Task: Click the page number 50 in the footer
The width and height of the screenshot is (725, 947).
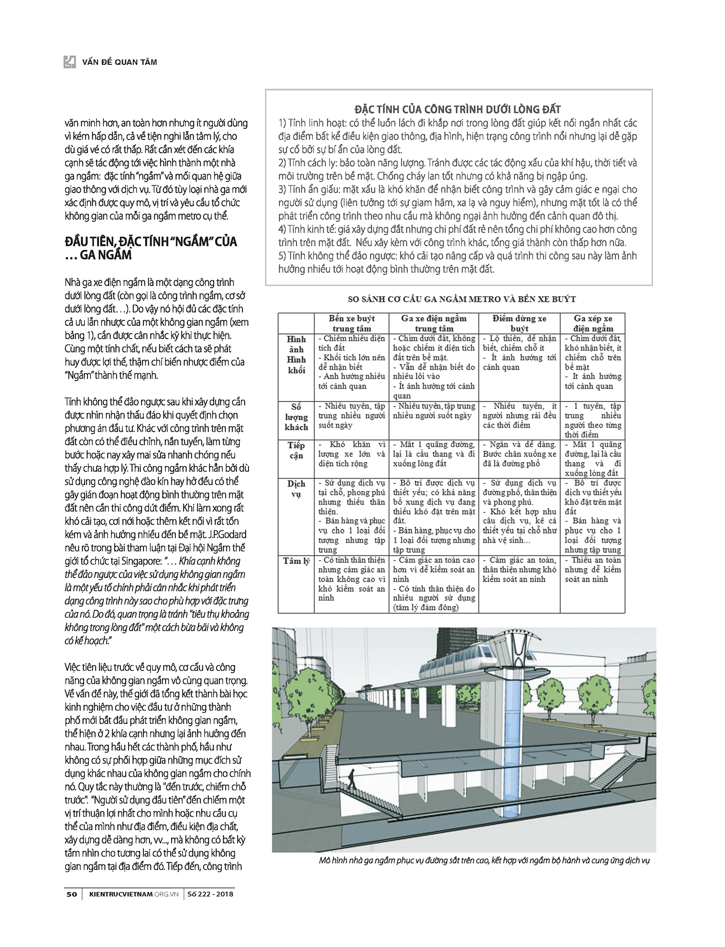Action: coord(71,894)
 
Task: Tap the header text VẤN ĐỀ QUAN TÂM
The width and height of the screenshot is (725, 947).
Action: coord(119,62)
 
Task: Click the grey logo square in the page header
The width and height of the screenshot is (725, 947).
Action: coord(70,62)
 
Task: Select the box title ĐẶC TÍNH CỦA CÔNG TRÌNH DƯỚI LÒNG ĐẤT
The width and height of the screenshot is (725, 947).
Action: coord(458,110)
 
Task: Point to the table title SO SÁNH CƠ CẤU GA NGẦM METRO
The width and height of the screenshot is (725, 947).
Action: coord(462,299)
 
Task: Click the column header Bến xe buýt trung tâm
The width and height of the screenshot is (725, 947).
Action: coord(351,323)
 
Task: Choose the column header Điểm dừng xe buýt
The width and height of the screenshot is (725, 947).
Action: coord(519,323)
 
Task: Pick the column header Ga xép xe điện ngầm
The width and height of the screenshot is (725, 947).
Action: coord(593,323)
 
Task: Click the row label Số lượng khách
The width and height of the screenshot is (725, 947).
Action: coord(296,417)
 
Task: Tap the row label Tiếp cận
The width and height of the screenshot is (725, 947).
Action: coord(296,450)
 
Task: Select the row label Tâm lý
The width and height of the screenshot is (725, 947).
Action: coord(296,561)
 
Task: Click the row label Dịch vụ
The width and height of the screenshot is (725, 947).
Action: coord(296,489)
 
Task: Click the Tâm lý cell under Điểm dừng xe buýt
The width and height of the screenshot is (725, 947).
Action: coord(519,569)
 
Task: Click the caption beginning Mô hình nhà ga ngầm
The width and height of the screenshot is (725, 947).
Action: coord(484,861)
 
